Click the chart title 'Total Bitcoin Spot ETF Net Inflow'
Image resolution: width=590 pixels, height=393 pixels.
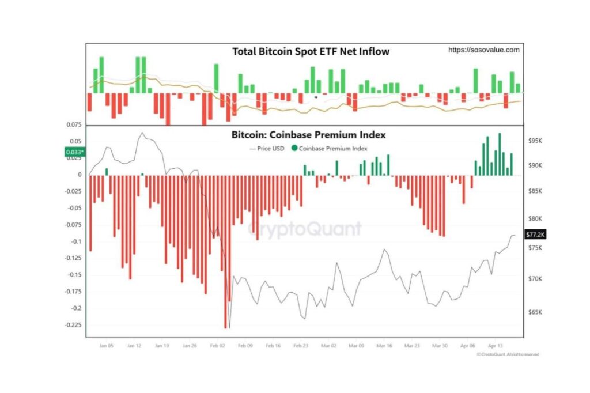311,52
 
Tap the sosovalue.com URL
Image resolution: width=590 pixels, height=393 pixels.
484,50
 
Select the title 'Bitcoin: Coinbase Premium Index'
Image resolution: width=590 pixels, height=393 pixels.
308,135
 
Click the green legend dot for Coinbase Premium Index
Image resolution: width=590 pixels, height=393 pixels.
295,148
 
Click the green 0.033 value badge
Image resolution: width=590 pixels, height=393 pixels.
75,153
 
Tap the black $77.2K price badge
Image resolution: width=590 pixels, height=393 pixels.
535,235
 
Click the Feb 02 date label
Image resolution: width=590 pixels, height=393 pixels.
218,346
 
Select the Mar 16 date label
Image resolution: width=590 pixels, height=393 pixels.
384,346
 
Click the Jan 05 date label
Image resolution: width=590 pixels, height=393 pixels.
106,346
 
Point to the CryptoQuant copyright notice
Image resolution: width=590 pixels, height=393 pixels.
508,354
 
